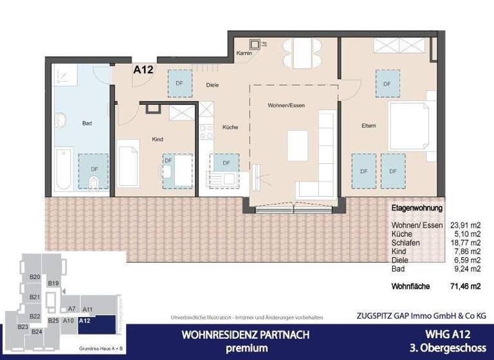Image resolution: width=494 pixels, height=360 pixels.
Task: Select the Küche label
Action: [230, 127]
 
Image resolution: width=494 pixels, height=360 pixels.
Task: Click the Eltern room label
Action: [369, 125]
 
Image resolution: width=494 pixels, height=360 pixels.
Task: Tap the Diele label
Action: [213, 85]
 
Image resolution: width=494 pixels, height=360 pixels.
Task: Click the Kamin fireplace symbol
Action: [256, 44]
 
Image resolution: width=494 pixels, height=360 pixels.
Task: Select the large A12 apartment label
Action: [143, 70]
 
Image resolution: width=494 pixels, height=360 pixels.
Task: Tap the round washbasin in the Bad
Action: [62, 120]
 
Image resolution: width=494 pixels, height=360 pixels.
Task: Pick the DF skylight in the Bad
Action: [95, 169]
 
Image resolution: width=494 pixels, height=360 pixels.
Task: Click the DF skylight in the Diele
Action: [179, 83]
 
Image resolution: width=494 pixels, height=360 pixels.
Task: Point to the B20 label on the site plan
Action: [35, 277]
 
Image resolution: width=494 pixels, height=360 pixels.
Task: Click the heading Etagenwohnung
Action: [417, 209]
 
